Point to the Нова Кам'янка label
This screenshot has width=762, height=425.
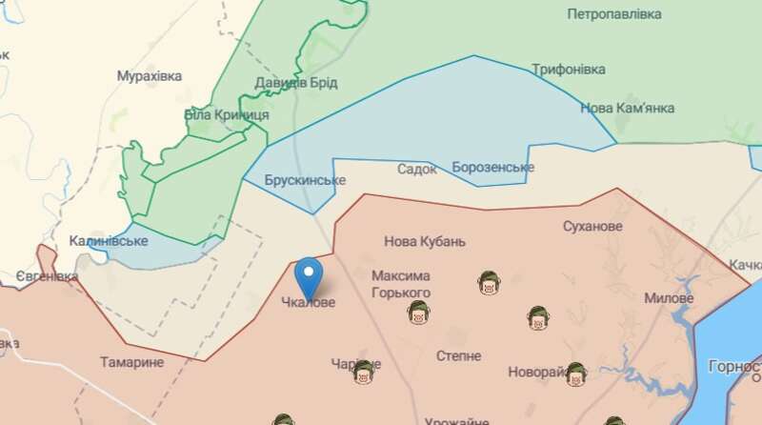click(628, 108)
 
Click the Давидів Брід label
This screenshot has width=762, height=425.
click(296, 83)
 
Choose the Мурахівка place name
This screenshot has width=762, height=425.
click(150, 75)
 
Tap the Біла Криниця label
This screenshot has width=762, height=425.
click(227, 114)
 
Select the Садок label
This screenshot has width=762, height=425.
click(416, 169)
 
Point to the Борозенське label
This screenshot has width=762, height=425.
click(493, 168)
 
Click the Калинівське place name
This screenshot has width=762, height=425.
click(109, 241)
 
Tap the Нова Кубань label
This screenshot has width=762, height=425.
click(425, 241)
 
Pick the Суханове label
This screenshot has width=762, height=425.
click(592, 227)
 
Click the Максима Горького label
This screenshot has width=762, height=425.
click(401, 284)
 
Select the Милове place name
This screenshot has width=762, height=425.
click(669, 298)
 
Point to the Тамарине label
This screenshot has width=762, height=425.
click(131, 362)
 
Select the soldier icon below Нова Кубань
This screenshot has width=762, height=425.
click(488, 283)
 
